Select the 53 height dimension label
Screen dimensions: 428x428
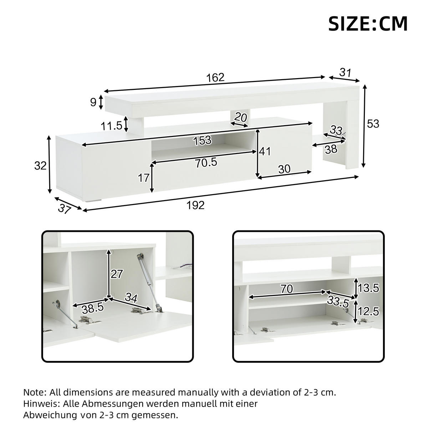pyautogui.click(x=373, y=124)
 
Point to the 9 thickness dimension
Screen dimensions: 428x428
pyautogui.click(x=93, y=102)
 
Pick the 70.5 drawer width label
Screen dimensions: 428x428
pyautogui.click(x=206, y=162)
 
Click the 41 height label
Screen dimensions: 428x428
pyautogui.click(x=265, y=152)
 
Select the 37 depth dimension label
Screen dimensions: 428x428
pyautogui.click(x=63, y=209)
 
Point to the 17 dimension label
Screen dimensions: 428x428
pyautogui.click(x=144, y=178)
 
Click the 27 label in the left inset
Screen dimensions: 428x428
pyautogui.click(x=116, y=274)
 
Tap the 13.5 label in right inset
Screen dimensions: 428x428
pyautogui.click(x=369, y=288)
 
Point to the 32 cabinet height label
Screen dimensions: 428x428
pyautogui.click(x=40, y=165)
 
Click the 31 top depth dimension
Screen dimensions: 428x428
pyautogui.click(x=345, y=73)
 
